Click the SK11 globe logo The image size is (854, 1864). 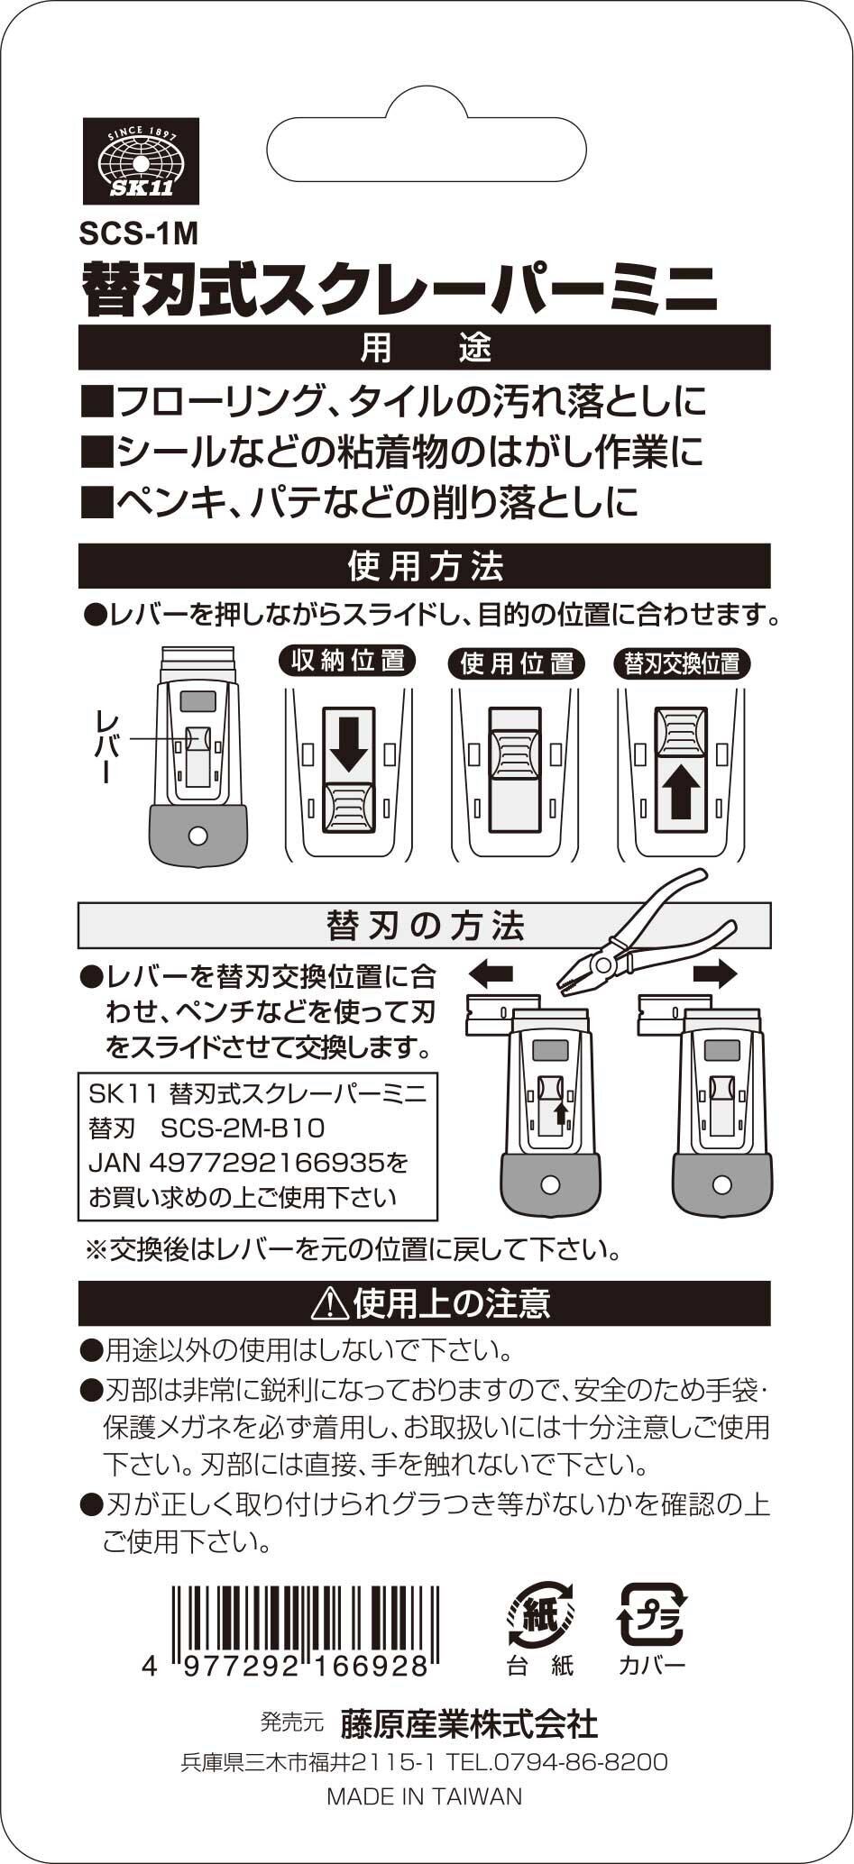click(x=141, y=161)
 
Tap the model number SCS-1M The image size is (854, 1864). click(x=138, y=234)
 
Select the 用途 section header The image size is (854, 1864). click(x=425, y=348)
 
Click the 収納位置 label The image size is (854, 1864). click(x=347, y=662)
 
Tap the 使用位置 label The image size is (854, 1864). click(x=517, y=664)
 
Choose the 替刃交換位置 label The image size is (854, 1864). click(x=683, y=664)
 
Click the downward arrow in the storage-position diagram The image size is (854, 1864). click(x=348, y=745)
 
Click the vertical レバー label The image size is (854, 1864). click(x=106, y=745)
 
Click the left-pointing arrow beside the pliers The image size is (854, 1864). click(x=491, y=973)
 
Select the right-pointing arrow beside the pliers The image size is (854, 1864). click(x=715, y=973)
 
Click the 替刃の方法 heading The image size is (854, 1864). click(x=425, y=926)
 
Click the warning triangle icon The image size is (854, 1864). click(x=330, y=1303)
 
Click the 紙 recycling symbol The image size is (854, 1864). click(x=540, y=1614)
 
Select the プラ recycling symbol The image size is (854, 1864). click(x=651, y=1614)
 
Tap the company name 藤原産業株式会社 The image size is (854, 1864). click(x=469, y=1724)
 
